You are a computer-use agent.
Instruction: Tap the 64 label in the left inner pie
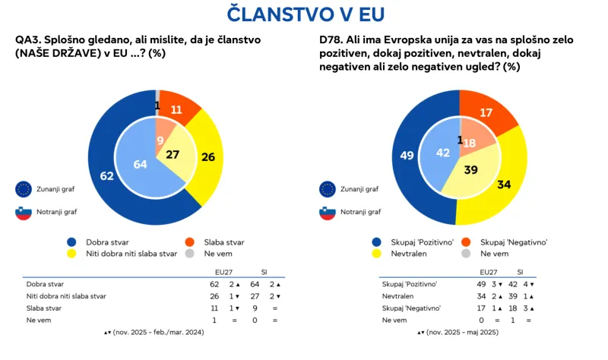pyautogui.click(x=139, y=164)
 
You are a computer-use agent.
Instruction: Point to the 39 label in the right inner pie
pyautogui.click(x=471, y=171)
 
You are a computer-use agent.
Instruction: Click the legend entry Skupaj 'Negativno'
pyautogui.click(x=514, y=242)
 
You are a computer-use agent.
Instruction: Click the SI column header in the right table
pyautogui.click(x=520, y=271)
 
